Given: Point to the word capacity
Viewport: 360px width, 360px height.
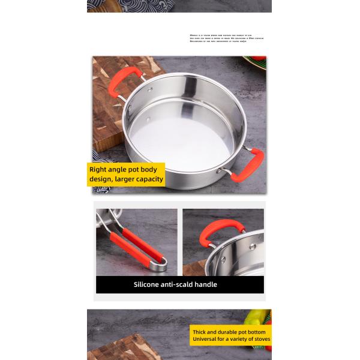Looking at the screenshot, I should [149, 179].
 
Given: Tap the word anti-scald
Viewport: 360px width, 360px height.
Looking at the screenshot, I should [179, 284].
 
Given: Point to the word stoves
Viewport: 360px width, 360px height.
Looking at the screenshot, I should [262, 340].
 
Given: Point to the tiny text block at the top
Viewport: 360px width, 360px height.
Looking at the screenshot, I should [226, 38].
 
